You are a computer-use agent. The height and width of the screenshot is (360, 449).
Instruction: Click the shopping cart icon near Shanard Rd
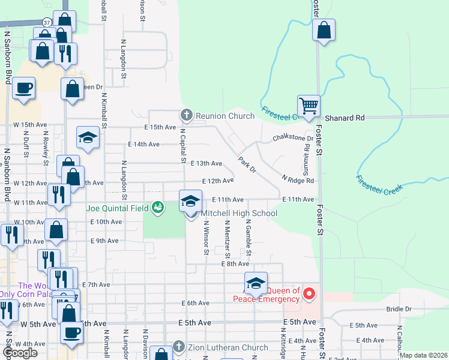309,106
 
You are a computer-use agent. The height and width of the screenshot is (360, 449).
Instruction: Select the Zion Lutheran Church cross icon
178,347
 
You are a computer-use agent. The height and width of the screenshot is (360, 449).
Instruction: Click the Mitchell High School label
239,213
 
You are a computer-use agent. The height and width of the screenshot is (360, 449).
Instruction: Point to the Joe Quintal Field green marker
157,208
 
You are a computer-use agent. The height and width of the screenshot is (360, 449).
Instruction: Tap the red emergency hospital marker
309,293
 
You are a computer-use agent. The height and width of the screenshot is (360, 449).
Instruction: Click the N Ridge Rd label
298,180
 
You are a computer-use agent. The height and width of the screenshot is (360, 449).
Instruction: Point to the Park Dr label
247,166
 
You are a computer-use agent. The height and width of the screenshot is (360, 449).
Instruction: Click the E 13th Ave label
206,163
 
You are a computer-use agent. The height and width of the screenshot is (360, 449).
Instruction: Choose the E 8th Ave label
235,263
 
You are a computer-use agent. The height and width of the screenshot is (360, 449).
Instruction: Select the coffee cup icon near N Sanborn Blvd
23,88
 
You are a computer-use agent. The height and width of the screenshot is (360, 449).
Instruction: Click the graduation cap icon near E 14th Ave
88,137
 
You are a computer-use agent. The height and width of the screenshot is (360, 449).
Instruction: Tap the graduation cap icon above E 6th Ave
256,283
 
